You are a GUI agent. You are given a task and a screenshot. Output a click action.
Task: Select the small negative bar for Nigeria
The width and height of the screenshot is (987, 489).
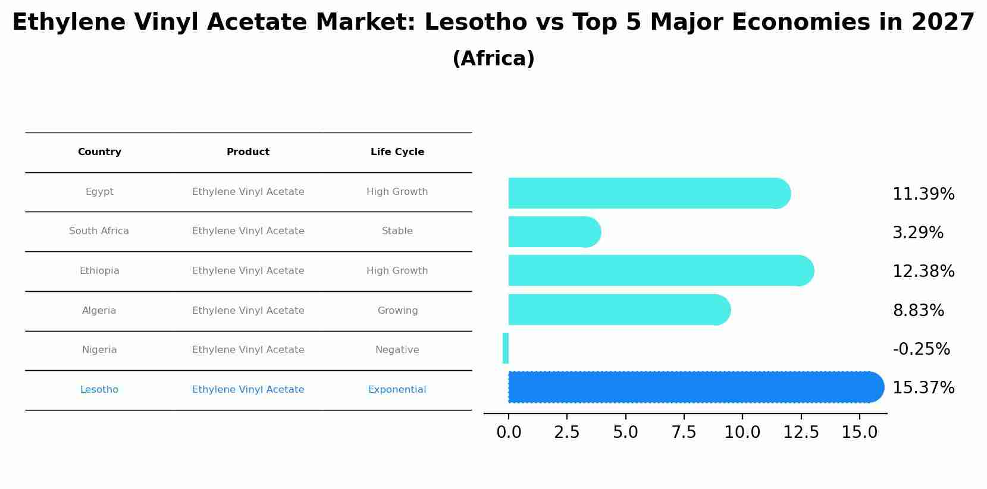click(x=506, y=348)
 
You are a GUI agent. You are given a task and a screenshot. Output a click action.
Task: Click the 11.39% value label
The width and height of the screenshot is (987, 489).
click(x=923, y=194)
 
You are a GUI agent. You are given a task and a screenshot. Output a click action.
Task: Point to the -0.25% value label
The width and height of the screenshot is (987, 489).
click(x=921, y=349)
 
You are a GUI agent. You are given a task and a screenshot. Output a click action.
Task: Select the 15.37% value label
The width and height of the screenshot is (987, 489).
click(x=923, y=387)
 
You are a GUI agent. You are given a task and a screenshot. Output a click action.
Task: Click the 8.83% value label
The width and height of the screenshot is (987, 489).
click(x=918, y=310)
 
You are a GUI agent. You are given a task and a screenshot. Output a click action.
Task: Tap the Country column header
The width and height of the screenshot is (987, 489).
click(x=99, y=152)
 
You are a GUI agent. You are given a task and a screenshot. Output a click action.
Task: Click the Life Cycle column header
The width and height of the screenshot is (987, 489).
click(x=397, y=152)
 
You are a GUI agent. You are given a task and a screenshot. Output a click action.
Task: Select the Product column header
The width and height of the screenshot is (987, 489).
click(x=248, y=152)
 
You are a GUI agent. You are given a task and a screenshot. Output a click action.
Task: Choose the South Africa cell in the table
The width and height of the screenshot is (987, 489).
click(x=99, y=231)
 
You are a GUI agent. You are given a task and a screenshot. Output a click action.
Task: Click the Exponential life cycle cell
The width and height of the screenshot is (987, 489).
click(x=397, y=390)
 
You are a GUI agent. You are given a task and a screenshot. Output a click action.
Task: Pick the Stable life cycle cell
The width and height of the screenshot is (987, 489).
click(x=397, y=231)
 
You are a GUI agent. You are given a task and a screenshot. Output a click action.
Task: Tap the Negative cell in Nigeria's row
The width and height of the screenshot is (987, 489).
click(x=397, y=350)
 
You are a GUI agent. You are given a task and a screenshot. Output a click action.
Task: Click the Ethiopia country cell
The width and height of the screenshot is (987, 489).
click(x=99, y=271)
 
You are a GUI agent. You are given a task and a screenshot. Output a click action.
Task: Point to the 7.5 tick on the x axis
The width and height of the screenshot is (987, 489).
click(x=684, y=432)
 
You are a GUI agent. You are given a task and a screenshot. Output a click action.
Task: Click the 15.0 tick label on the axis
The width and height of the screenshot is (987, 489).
click(x=859, y=432)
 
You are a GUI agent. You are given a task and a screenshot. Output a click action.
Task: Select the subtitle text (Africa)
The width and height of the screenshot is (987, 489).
click(x=493, y=59)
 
